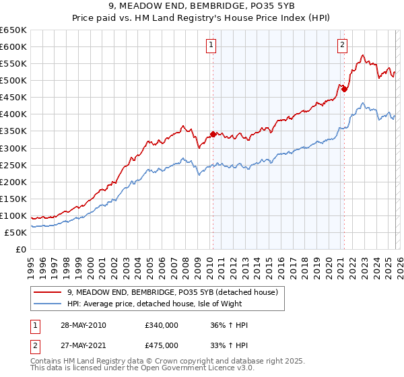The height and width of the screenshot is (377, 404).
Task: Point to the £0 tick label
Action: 22,249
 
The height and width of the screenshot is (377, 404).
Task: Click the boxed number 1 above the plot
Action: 211,45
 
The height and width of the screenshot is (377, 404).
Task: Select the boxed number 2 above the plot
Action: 342,45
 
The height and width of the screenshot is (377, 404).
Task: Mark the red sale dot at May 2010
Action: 213,134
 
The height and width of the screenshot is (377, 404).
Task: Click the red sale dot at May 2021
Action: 344,89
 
